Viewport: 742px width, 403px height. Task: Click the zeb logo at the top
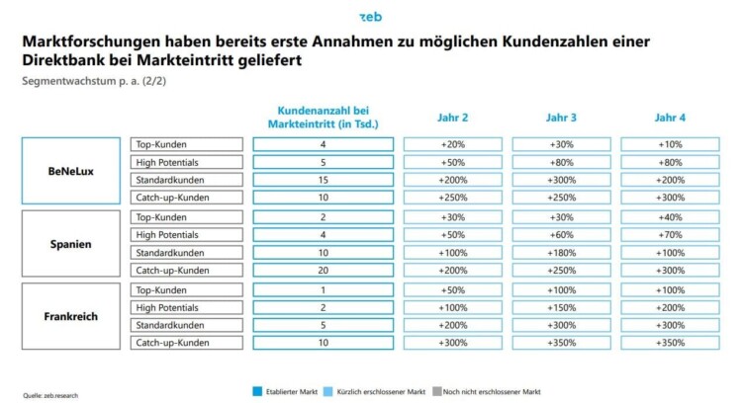370,16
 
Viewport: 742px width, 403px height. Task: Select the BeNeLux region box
71,171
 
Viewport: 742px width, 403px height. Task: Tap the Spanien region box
71,243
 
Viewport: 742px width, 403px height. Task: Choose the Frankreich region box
71,315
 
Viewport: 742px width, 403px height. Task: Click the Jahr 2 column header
452,118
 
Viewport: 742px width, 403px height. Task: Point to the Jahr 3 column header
561,118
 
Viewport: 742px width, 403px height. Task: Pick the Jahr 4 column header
669,118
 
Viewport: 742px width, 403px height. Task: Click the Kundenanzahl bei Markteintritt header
323,118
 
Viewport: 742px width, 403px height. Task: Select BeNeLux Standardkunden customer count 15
323,180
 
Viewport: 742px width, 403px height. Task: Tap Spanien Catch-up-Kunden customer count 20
323,270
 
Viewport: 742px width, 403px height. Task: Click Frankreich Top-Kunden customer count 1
323,288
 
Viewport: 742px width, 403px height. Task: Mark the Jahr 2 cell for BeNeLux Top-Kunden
452,144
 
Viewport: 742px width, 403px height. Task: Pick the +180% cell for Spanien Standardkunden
561,252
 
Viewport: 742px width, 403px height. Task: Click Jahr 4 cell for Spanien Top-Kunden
669,216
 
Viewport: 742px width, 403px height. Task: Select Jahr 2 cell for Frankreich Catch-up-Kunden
452,342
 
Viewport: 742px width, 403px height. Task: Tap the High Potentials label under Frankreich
186,306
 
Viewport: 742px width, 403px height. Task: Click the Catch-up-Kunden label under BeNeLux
186,198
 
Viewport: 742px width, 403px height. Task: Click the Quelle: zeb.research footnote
50,394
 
